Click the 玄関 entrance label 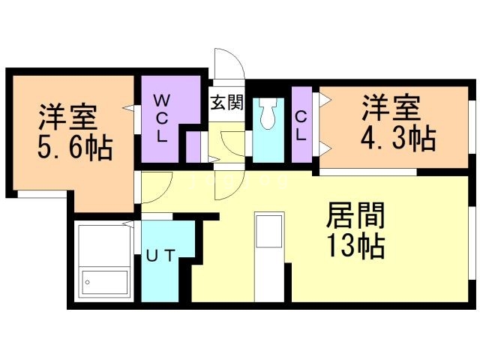coord(226,103)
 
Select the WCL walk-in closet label coord(162,118)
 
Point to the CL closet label coord(300,124)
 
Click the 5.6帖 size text coord(75,147)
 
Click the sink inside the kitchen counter coord(268,232)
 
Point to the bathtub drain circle coord(88,283)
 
